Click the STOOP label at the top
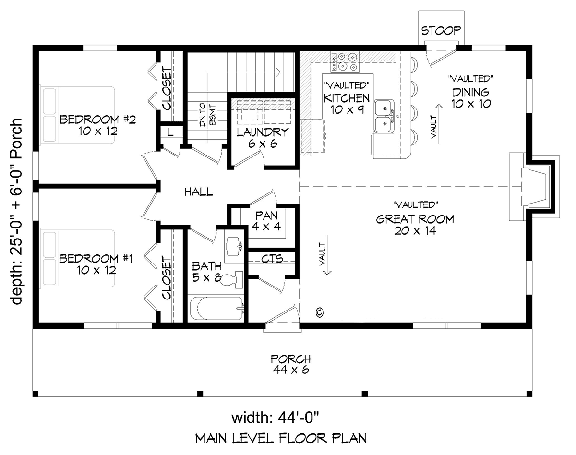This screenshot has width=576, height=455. point(441,31)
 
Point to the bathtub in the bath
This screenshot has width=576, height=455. point(216,309)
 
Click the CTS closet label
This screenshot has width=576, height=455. point(272,259)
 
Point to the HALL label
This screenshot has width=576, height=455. point(199,192)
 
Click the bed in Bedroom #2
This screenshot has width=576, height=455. point(77,114)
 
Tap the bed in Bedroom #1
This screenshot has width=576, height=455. point(77,258)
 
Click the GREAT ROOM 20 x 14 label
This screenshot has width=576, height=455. point(414,225)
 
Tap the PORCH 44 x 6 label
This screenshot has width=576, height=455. point(290,364)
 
